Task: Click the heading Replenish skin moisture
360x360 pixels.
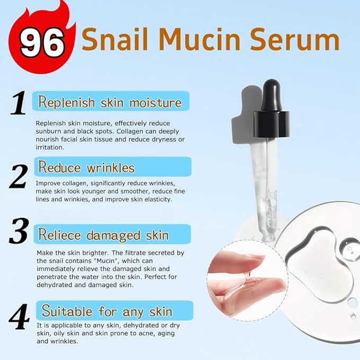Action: (x=110, y=102)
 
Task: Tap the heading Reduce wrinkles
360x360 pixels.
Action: (x=86, y=168)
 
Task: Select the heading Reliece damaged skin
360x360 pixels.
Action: (x=103, y=235)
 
